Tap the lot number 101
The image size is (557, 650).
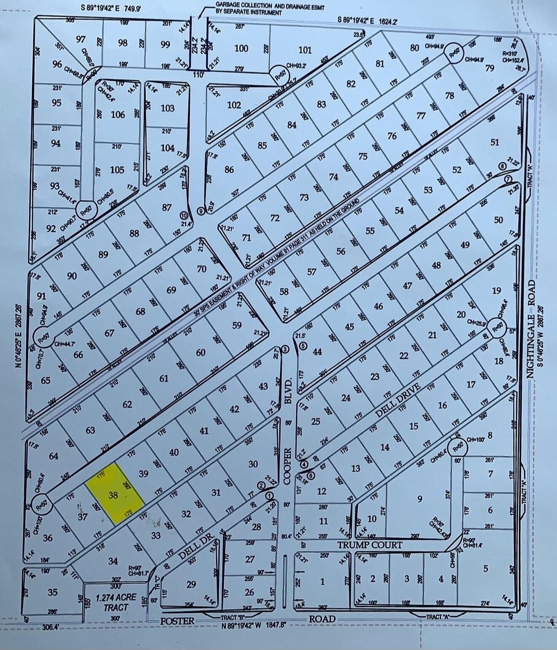(305, 50)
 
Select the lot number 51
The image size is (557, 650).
(495, 142)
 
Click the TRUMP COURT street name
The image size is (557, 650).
(370, 545)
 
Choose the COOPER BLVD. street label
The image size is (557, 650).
(289, 427)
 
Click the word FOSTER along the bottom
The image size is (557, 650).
(177, 621)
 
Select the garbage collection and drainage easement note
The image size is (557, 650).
(269, 8)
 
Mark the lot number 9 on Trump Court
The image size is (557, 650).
(419, 499)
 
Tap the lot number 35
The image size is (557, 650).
(52, 593)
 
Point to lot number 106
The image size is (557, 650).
(118, 114)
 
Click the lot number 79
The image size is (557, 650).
(489, 68)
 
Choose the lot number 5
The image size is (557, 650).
(485, 568)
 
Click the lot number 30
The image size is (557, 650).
(253, 464)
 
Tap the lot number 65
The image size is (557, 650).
(45, 380)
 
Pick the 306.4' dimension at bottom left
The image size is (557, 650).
(51, 627)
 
